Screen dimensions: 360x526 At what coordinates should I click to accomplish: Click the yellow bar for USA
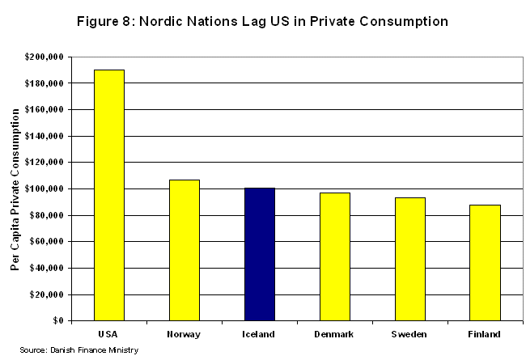point(109,195)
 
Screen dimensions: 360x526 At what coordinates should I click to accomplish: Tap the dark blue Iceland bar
point(260,254)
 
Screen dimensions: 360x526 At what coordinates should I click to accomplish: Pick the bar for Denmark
point(335,256)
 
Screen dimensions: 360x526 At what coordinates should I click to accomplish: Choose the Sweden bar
point(410,259)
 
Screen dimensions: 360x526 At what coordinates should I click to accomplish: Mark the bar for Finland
point(486,262)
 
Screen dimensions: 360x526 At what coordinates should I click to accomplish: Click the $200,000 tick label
point(45,57)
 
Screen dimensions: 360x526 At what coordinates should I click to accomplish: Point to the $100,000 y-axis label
point(45,188)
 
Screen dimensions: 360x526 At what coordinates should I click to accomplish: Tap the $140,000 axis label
point(45,136)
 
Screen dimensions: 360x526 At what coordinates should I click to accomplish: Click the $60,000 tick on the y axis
point(47,242)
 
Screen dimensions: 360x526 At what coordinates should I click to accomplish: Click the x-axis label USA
point(109,333)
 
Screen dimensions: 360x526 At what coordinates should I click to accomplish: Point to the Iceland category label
point(260,333)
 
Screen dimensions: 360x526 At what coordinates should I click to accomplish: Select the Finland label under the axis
point(486,333)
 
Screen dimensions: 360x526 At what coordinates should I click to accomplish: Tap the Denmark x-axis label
point(335,333)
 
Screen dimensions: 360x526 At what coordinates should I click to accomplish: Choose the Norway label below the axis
point(185,333)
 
